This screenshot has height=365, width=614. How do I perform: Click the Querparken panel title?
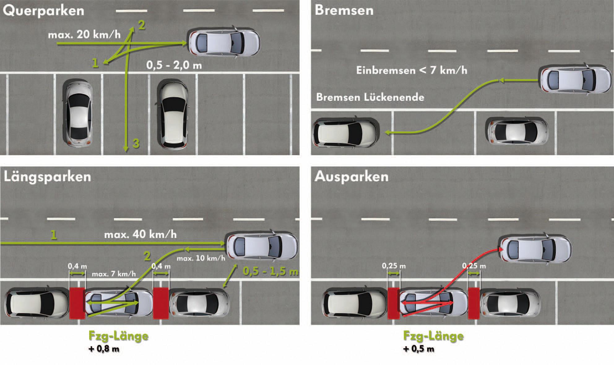pyautogui.click(x=43, y=11)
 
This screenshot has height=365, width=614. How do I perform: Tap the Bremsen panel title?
pyautogui.click(x=344, y=11)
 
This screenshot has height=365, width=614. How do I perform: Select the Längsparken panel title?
pyautogui.click(x=47, y=177)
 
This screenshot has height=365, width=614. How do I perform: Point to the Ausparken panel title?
pyautogui.click(x=351, y=177)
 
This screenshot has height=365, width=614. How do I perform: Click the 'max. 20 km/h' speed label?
pyautogui.click(x=84, y=34)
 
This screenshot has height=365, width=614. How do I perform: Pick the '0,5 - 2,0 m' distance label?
pyautogui.click(x=174, y=65)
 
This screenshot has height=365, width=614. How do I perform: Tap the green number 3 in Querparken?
pyautogui.click(x=136, y=143)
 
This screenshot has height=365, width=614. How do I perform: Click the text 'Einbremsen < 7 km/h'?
pyautogui.click(x=411, y=70)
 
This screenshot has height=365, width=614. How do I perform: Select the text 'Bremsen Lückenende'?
pyautogui.click(x=370, y=97)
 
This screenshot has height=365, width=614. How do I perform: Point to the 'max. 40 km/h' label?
pyautogui.click(x=140, y=235)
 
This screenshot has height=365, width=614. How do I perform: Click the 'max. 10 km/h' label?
pyautogui.click(x=201, y=258)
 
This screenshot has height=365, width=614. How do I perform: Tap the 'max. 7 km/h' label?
pyautogui.click(x=114, y=274)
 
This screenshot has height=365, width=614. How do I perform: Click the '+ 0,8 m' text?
pyautogui.click(x=104, y=350)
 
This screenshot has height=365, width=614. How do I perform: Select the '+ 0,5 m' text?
pyautogui.click(x=418, y=350)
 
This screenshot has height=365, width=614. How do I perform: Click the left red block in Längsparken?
pyautogui.click(x=77, y=303)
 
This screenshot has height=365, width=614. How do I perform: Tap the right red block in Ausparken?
pyautogui.click(x=473, y=303)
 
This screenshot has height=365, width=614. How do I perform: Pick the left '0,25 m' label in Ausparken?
pyautogui.click(x=394, y=266)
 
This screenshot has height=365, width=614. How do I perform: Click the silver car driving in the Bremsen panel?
pyautogui.click(x=576, y=80)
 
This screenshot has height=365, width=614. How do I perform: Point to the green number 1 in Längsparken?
pyautogui.click(x=54, y=235)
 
